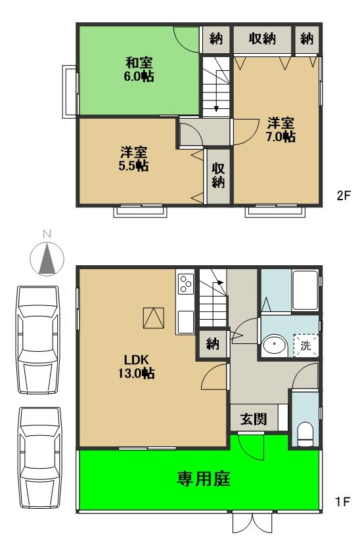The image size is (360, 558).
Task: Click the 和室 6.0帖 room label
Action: pos(139,70)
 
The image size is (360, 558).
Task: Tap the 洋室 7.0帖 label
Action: pos(281,130)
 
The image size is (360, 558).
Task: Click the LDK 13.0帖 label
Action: pos(139,366)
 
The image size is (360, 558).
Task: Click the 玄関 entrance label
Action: pos(253,419)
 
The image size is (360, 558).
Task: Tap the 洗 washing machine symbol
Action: pos(306,344)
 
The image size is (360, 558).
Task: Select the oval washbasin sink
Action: pos(273,345)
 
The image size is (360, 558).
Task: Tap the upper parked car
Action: pos(38,339)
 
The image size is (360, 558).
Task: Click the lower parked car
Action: pos(38,457)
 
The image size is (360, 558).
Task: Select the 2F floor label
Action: pos(344,196)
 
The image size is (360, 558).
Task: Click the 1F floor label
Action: pos(342,502)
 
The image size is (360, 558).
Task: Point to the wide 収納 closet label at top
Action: pos(261,39)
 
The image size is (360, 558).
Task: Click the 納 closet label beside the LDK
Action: pos(212,344)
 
